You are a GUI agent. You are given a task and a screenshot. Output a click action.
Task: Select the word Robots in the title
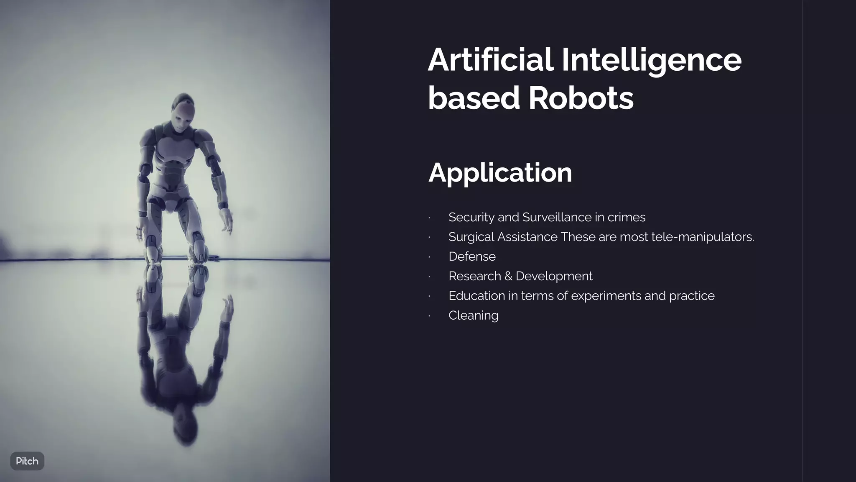581,98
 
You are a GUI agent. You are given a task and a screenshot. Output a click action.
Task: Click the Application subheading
500,172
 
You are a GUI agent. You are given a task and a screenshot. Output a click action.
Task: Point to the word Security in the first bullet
471,217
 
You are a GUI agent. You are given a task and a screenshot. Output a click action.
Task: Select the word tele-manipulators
703,237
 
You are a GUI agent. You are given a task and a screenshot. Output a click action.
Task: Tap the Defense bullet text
472,256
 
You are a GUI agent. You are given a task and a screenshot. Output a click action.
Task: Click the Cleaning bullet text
473,315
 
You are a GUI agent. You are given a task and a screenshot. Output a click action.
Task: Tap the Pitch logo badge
27,461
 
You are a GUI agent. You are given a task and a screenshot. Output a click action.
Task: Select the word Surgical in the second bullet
471,237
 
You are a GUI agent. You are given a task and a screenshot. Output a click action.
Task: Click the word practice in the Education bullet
692,296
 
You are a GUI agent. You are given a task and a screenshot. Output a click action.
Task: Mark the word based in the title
474,98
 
